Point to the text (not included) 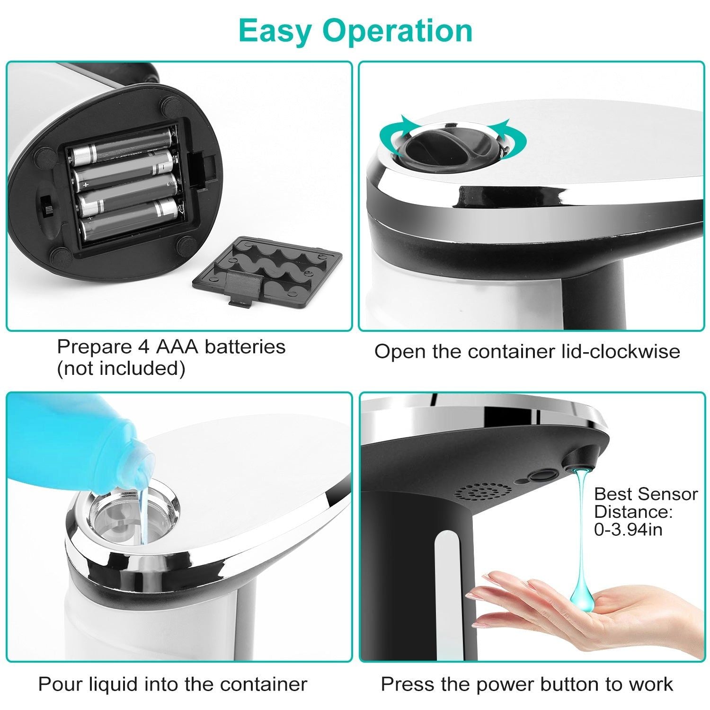click(x=121, y=369)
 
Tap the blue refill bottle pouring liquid click(x=71, y=440)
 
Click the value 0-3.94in click(x=628, y=529)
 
